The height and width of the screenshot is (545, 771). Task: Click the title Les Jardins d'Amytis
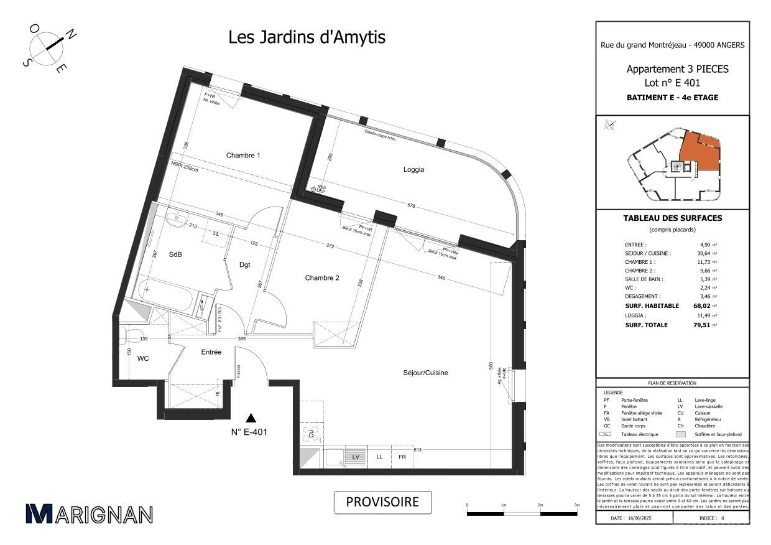coord(307,37)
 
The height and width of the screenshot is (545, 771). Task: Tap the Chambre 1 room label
coord(242,156)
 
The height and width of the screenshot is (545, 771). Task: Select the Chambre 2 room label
coord(321,278)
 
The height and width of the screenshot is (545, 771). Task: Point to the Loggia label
coord(413,169)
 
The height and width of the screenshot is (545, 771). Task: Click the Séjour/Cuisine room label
coord(425,373)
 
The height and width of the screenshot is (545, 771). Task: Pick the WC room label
coord(143,358)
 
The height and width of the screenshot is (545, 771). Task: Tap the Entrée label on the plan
coord(211,352)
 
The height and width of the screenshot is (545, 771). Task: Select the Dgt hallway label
coord(245,265)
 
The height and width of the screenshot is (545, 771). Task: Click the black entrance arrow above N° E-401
coord(251,417)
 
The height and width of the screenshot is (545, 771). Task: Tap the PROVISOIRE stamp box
coord(382,502)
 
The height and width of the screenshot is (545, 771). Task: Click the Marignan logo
coord(89,514)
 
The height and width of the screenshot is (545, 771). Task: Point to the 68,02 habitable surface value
coord(701,306)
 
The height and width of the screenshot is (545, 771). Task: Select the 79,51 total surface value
coord(701,325)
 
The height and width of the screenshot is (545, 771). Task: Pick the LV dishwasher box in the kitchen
coord(356,457)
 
